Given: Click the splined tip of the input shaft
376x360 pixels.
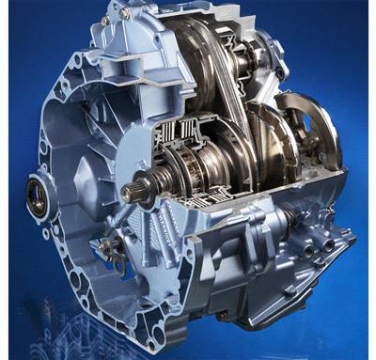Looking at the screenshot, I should point(128,192).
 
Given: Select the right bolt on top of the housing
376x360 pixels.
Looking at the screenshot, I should point(141,11).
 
